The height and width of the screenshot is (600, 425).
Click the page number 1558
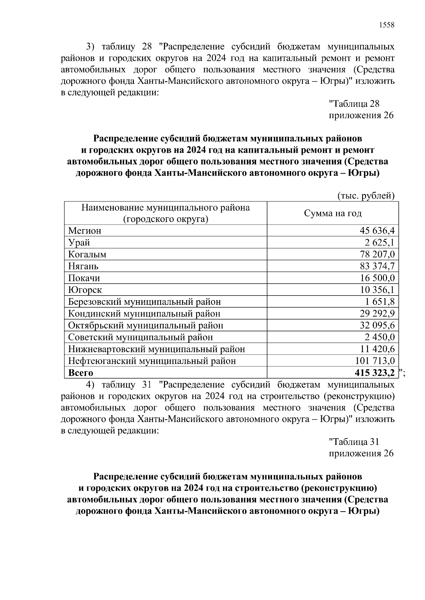(386, 25)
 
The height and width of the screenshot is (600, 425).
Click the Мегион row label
(85, 231)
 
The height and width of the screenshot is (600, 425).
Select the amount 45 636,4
(377, 231)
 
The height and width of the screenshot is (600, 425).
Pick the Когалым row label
(87, 255)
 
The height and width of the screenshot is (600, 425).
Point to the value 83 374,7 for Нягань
(377, 266)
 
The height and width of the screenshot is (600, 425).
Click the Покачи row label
(84, 278)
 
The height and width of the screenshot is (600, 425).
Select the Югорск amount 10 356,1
(377, 290)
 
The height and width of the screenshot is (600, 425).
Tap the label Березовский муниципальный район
(144, 302)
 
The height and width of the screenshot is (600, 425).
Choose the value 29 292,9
(377, 314)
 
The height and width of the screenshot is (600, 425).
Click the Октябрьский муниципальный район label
(146, 326)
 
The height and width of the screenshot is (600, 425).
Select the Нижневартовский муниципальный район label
(157, 349)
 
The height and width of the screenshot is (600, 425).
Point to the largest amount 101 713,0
(374, 361)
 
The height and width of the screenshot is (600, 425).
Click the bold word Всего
(81, 373)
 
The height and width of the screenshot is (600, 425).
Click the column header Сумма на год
(333, 213)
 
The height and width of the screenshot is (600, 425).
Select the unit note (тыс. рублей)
(366, 196)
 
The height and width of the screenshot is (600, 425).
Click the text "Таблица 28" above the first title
(354, 104)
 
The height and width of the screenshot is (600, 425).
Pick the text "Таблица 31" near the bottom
(354, 442)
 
